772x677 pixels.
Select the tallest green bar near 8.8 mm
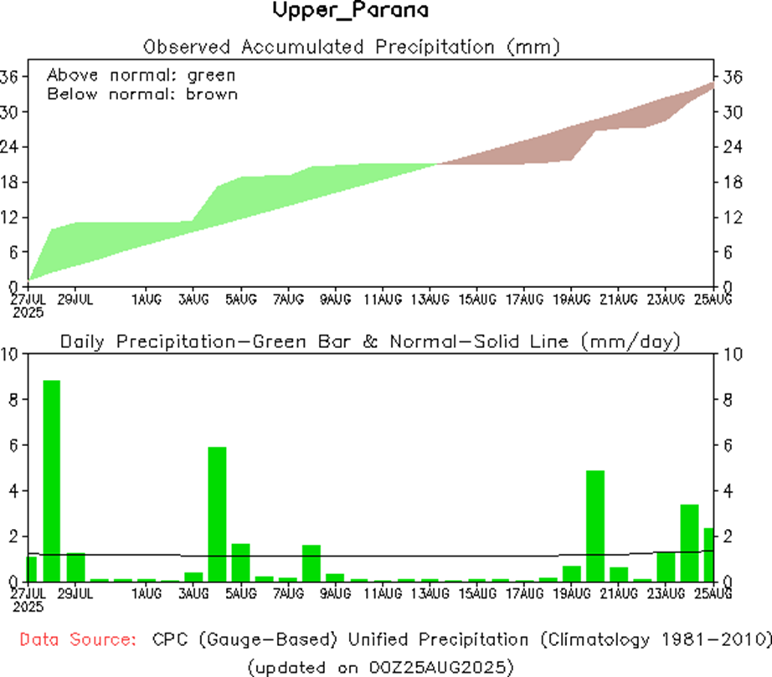52,480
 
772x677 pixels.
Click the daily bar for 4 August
217,514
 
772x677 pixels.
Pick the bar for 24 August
689,542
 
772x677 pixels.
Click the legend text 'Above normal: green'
141,74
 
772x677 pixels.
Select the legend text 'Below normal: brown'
142,94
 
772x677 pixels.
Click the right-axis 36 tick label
733,77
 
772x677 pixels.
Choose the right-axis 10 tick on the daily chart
734,354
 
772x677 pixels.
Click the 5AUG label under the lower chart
241,593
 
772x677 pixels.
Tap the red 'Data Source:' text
78,640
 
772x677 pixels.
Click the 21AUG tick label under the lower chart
619,593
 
